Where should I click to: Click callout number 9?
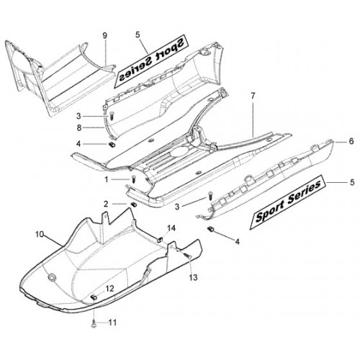click(104, 36)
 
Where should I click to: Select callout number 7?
click(253, 96)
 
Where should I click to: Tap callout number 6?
click(351, 141)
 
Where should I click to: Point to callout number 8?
click(79, 128)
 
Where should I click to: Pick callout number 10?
click(40, 234)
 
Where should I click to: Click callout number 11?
click(112, 323)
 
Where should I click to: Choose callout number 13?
click(193, 278)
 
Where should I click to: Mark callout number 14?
click(171, 228)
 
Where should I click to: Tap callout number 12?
click(109, 289)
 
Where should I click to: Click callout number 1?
click(107, 179)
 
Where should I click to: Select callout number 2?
click(106, 204)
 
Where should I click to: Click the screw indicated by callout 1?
click(134, 179)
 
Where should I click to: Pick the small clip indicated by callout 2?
click(132, 204)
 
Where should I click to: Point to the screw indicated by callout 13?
click(188, 256)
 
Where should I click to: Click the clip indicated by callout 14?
click(159, 240)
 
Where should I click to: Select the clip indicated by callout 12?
click(94, 297)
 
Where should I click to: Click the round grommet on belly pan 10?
click(52, 277)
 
